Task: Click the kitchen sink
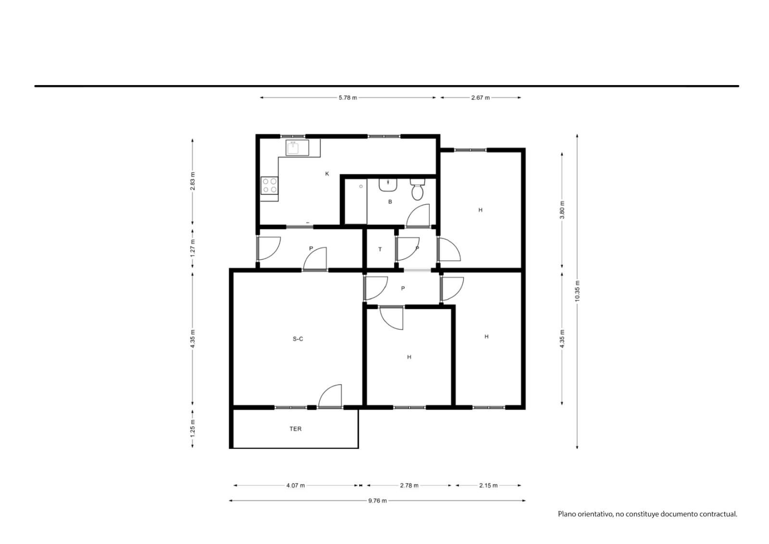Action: [297, 148]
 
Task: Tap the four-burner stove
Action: [270, 186]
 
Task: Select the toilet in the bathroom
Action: [418, 190]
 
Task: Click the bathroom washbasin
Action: [388, 185]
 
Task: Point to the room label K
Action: [327, 174]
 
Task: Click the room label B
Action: [390, 202]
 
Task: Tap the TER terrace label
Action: [296, 429]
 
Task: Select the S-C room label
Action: [298, 339]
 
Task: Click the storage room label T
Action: [380, 249]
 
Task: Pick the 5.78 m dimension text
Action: [348, 98]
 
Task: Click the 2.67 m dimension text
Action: [480, 98]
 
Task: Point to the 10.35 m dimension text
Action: [577, 291]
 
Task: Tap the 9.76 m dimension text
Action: [378, 501]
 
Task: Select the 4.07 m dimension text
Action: [296, 486]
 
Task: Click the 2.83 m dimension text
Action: [193, 181]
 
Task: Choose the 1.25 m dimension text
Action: [193, 429]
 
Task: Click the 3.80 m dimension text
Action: [562, 210]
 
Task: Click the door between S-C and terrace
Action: [330, 396]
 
